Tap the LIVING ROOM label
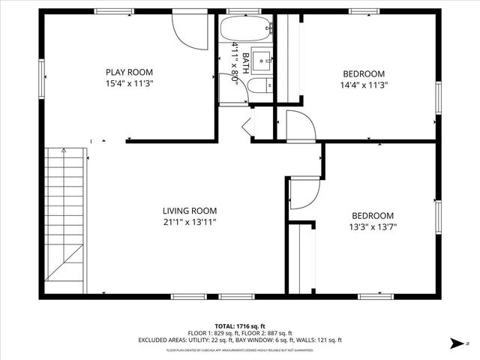[190, 211]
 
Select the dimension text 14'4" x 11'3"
[364, 85]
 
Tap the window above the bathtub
[238, 12]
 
